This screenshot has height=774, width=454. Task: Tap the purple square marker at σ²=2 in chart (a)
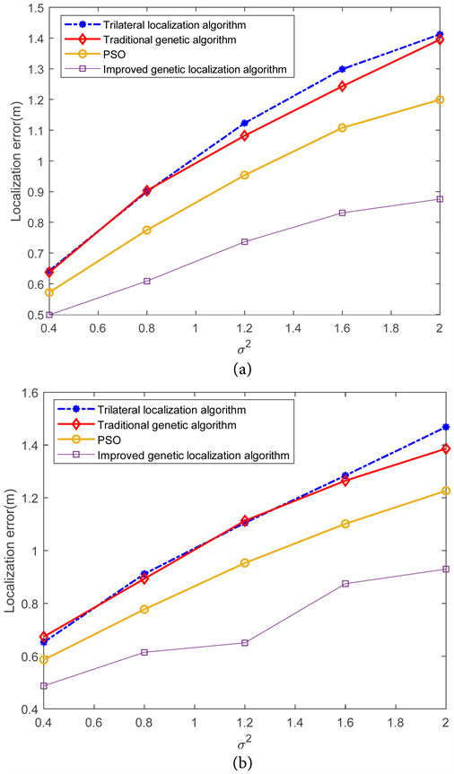coord(440,199)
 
